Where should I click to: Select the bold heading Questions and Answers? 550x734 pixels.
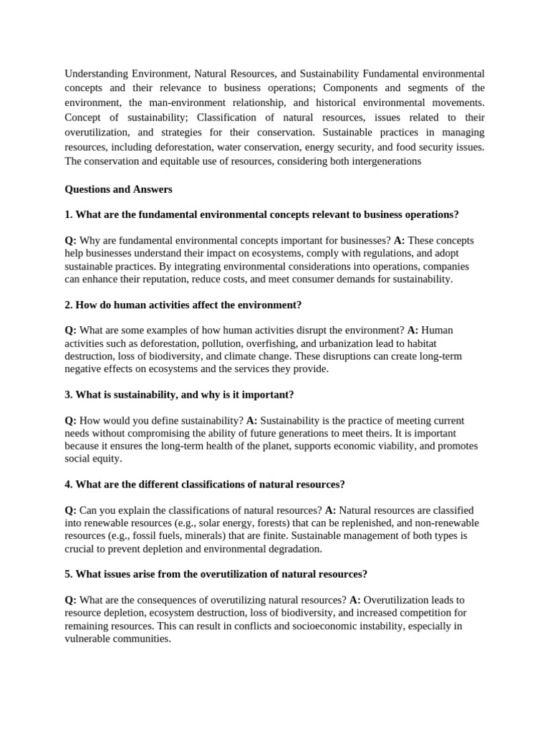coord(118,189)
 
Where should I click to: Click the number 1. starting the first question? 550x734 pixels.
coord(69,214)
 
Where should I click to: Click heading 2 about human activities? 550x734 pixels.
coord(183,305)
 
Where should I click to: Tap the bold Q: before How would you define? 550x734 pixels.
coord(71,420)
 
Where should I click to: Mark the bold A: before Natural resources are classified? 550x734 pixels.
coord(330,510)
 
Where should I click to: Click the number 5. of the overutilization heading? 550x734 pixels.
coord(69,574)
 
